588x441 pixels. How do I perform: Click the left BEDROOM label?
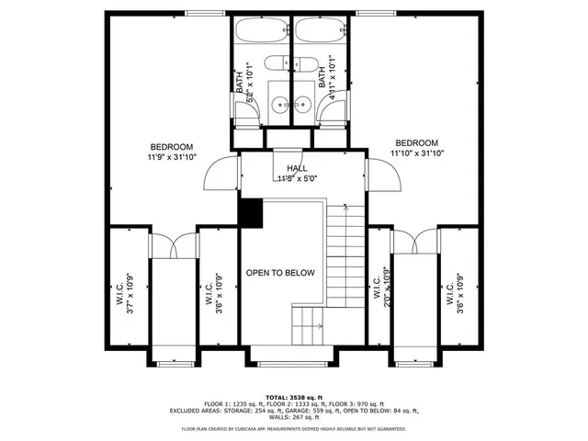click(x=172, y=147)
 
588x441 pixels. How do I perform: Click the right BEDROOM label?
click(x=416, y=142)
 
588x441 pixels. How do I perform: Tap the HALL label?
click(x=297, y=168)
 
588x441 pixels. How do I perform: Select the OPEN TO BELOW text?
click(x=280, y=273)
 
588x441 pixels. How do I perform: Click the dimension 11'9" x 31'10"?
click(x=172, y=157)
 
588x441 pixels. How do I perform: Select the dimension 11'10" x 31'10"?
click(x=416, y=153)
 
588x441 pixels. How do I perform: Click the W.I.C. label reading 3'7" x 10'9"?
click(x=124, y=293)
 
